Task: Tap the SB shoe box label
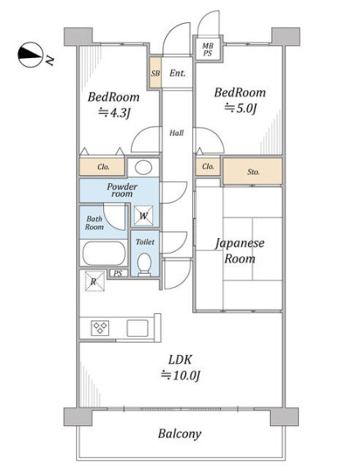coord(155,73)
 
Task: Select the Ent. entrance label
coord(178,73)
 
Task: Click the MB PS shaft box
coord(208,49)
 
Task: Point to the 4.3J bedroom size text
coord(115,113)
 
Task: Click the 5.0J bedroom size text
coord(241,108)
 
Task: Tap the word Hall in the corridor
coord(177,132)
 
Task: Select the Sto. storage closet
coord(253,171)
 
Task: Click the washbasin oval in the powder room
coord(143,168)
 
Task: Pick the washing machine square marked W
coord(144,215)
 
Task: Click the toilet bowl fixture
coord(145,264)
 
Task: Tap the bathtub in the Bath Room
coord(104,253)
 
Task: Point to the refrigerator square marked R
coord(94,281)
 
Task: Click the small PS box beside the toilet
coord(118,273)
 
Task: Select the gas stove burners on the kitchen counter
coord(100,328)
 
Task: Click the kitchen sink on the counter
coord(137,328)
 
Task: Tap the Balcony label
coord(180,433)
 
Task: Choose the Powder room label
coord(122,190)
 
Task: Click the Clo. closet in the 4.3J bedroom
coord(102,167)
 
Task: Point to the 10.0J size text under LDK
coord(181,375)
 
